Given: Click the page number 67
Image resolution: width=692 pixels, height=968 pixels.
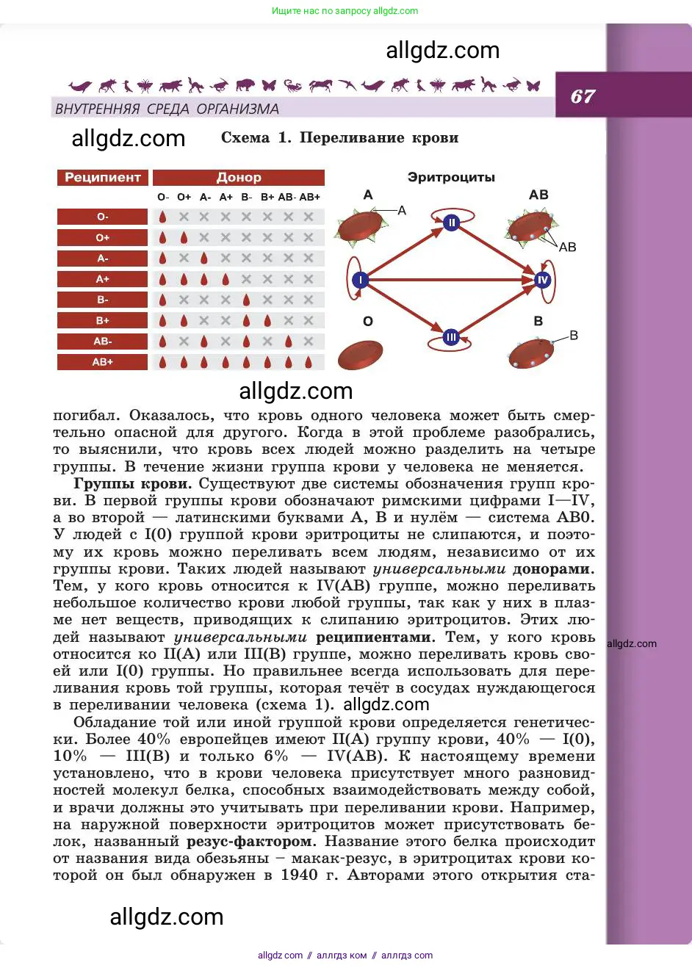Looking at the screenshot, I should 583,96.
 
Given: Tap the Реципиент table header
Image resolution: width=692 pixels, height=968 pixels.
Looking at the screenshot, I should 103,178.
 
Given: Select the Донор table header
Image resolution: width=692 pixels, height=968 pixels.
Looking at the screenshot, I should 239,178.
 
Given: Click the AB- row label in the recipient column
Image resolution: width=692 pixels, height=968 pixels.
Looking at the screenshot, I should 103,342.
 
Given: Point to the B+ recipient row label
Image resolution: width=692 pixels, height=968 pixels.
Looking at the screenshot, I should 103,321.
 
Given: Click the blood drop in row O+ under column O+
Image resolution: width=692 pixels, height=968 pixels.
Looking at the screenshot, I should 184,238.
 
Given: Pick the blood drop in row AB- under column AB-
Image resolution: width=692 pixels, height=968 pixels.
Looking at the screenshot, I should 289,342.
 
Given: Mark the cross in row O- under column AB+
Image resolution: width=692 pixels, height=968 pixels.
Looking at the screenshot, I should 309,217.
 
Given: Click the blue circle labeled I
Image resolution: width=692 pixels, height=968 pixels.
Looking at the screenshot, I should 360,280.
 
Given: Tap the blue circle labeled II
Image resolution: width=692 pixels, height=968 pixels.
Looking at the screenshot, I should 452,223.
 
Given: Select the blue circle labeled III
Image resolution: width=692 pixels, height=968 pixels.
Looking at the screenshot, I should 451,337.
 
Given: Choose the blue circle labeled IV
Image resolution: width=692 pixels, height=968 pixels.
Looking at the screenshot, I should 543,280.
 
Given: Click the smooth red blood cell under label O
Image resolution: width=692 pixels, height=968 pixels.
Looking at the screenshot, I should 360,355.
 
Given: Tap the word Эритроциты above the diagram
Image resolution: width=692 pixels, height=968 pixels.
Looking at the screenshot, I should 451,178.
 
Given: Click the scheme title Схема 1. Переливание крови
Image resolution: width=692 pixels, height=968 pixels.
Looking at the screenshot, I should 339,138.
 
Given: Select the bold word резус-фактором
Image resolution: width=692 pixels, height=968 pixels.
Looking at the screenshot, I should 251,842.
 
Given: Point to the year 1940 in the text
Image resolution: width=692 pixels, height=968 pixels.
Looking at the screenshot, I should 299,875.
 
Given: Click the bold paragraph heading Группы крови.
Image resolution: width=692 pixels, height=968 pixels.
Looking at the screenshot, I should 132,484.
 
